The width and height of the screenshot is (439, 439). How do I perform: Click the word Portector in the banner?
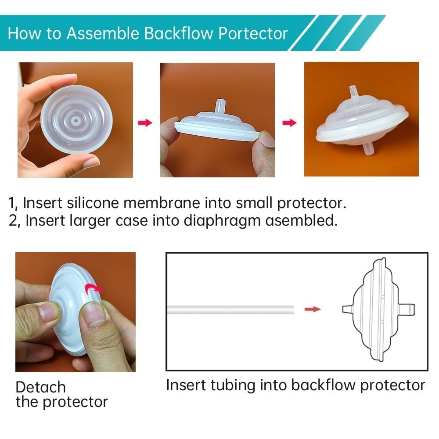coord(253,33)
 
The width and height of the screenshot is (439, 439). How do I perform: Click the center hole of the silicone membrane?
coord(76,121)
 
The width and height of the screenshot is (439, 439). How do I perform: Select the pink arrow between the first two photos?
coord(145,122)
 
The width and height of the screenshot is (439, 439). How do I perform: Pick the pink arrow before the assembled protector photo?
coord(289,122)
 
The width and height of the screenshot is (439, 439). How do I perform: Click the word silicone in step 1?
coord(93,202)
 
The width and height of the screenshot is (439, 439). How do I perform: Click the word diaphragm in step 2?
coord(222,221)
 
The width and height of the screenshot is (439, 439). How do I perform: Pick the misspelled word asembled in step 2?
coord(301,220)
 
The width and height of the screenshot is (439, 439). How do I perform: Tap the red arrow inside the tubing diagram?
coord(313,309)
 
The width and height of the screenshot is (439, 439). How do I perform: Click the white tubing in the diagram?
coord(231,309)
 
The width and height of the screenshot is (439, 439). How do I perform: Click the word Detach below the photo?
coord(41,387)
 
